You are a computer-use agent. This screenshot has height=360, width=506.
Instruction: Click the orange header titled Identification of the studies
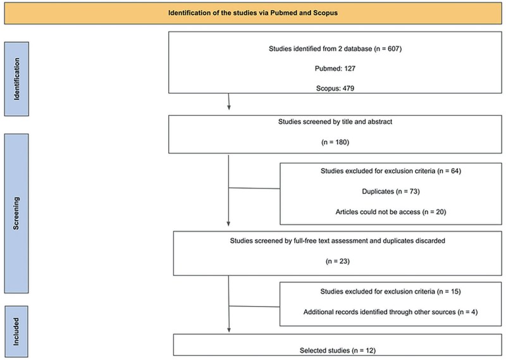(x=253, y=12)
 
